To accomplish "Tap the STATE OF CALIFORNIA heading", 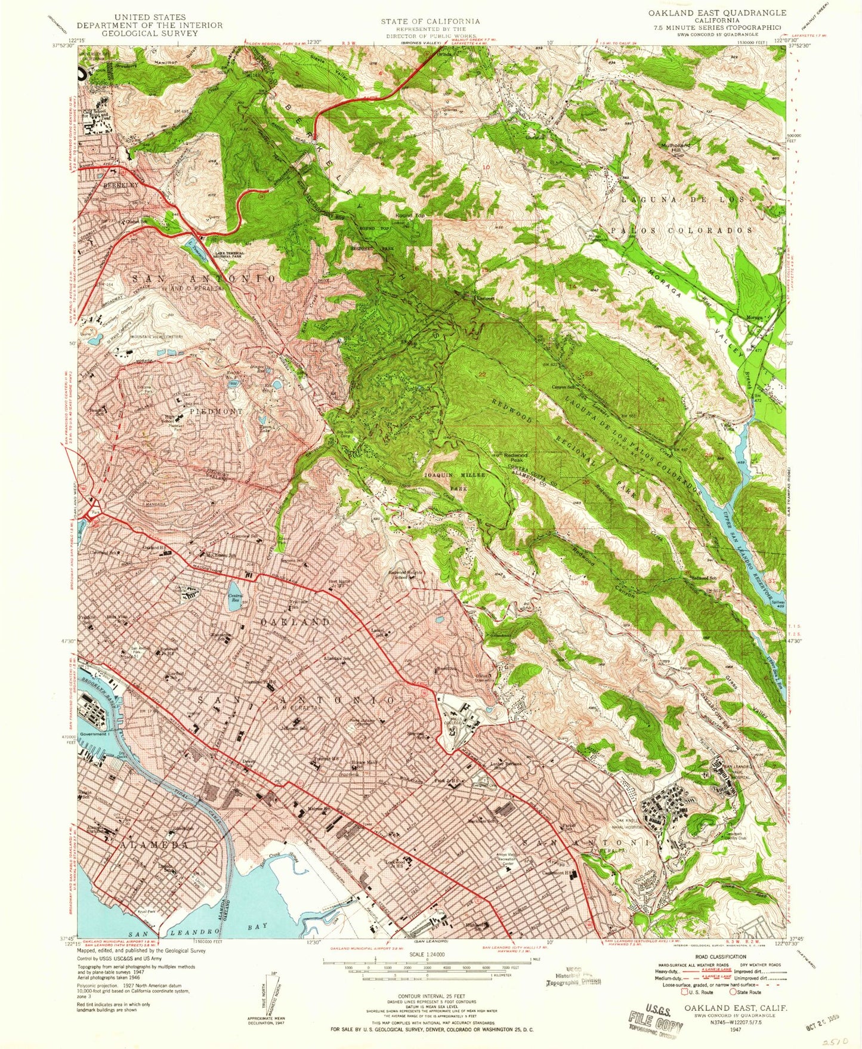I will pyautogui.click(x=430, y=21).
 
